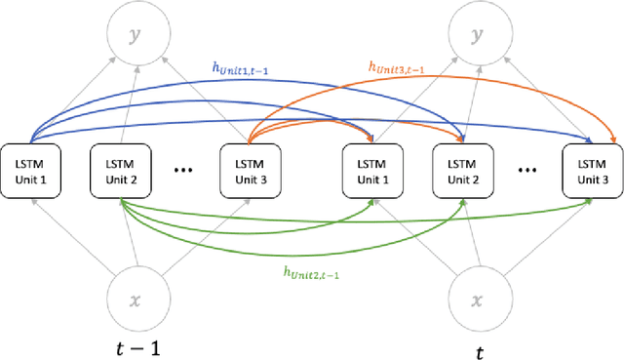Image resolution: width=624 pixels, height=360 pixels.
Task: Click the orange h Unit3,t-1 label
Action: pyautogui.click(x=396, y=67)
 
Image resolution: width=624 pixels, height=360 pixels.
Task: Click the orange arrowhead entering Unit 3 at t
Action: pyautogui.click(x=613, y=140)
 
